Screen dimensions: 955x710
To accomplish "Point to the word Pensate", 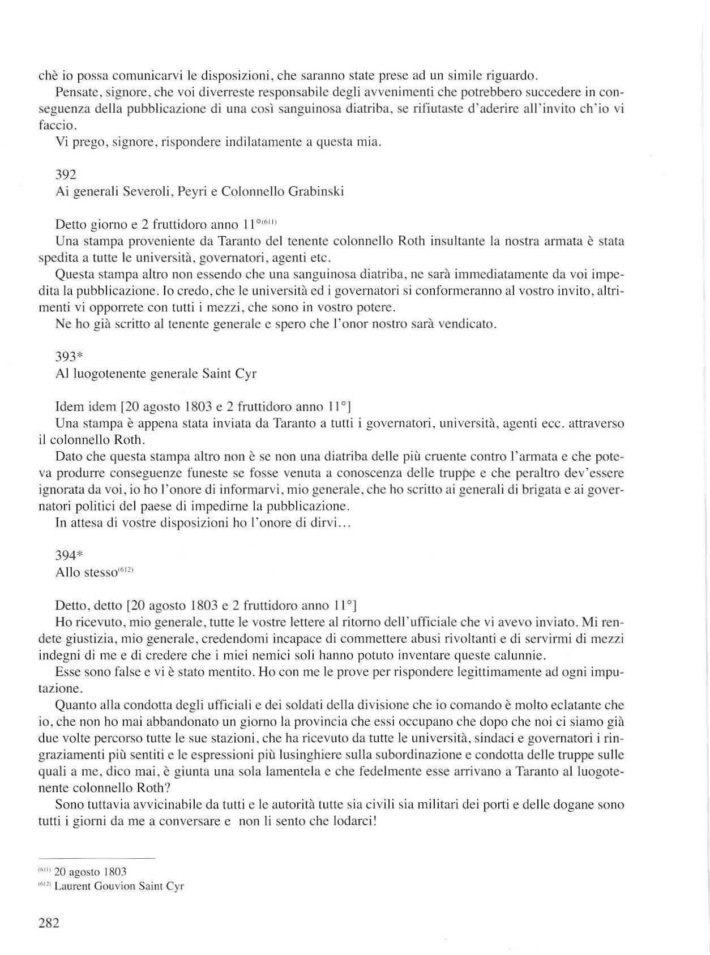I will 75,91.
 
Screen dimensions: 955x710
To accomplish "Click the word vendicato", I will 468,325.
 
